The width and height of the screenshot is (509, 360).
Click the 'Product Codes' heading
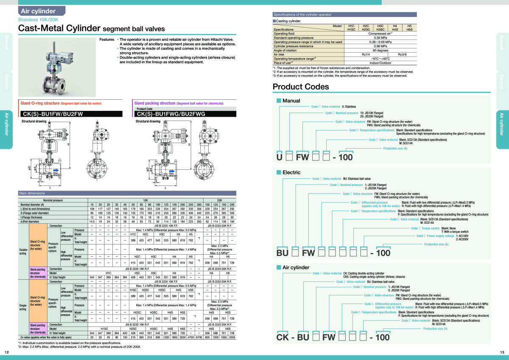[300, 87]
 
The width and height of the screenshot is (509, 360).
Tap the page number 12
[6, 352]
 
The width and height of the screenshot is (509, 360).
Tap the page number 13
[502, 352]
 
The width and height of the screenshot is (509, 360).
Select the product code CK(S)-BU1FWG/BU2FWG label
[171, 114]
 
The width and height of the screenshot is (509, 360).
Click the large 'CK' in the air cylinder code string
[284, 337]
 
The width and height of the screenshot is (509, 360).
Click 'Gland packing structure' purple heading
[154, 103]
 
